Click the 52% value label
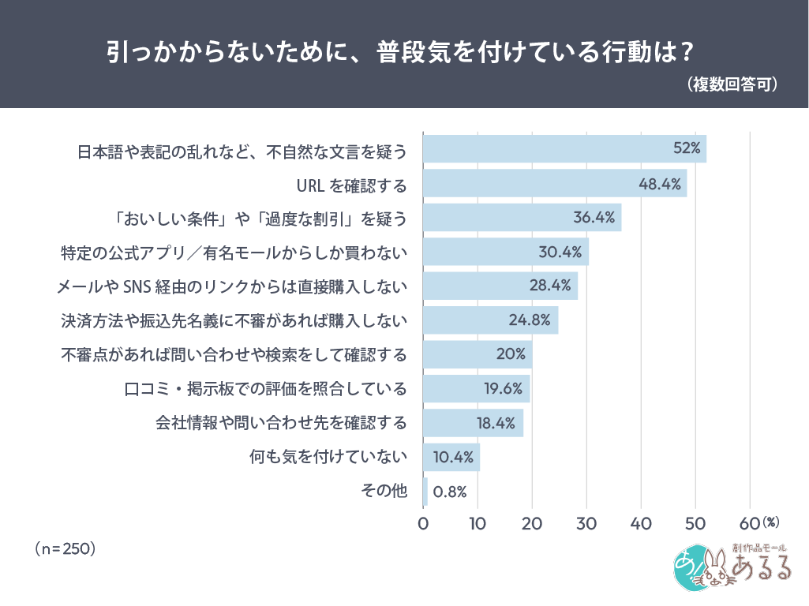point(687,148)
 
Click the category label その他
point(384,491)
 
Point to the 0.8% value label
point(451,492)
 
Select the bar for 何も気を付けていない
point(451,457)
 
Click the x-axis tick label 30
point(586,523)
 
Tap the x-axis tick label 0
point(423,523)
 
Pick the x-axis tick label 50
point(695,523)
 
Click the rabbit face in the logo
point(713,570)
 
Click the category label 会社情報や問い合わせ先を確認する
point(280,422)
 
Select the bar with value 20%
point(478,354)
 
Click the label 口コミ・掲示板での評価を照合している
point(266,388)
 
